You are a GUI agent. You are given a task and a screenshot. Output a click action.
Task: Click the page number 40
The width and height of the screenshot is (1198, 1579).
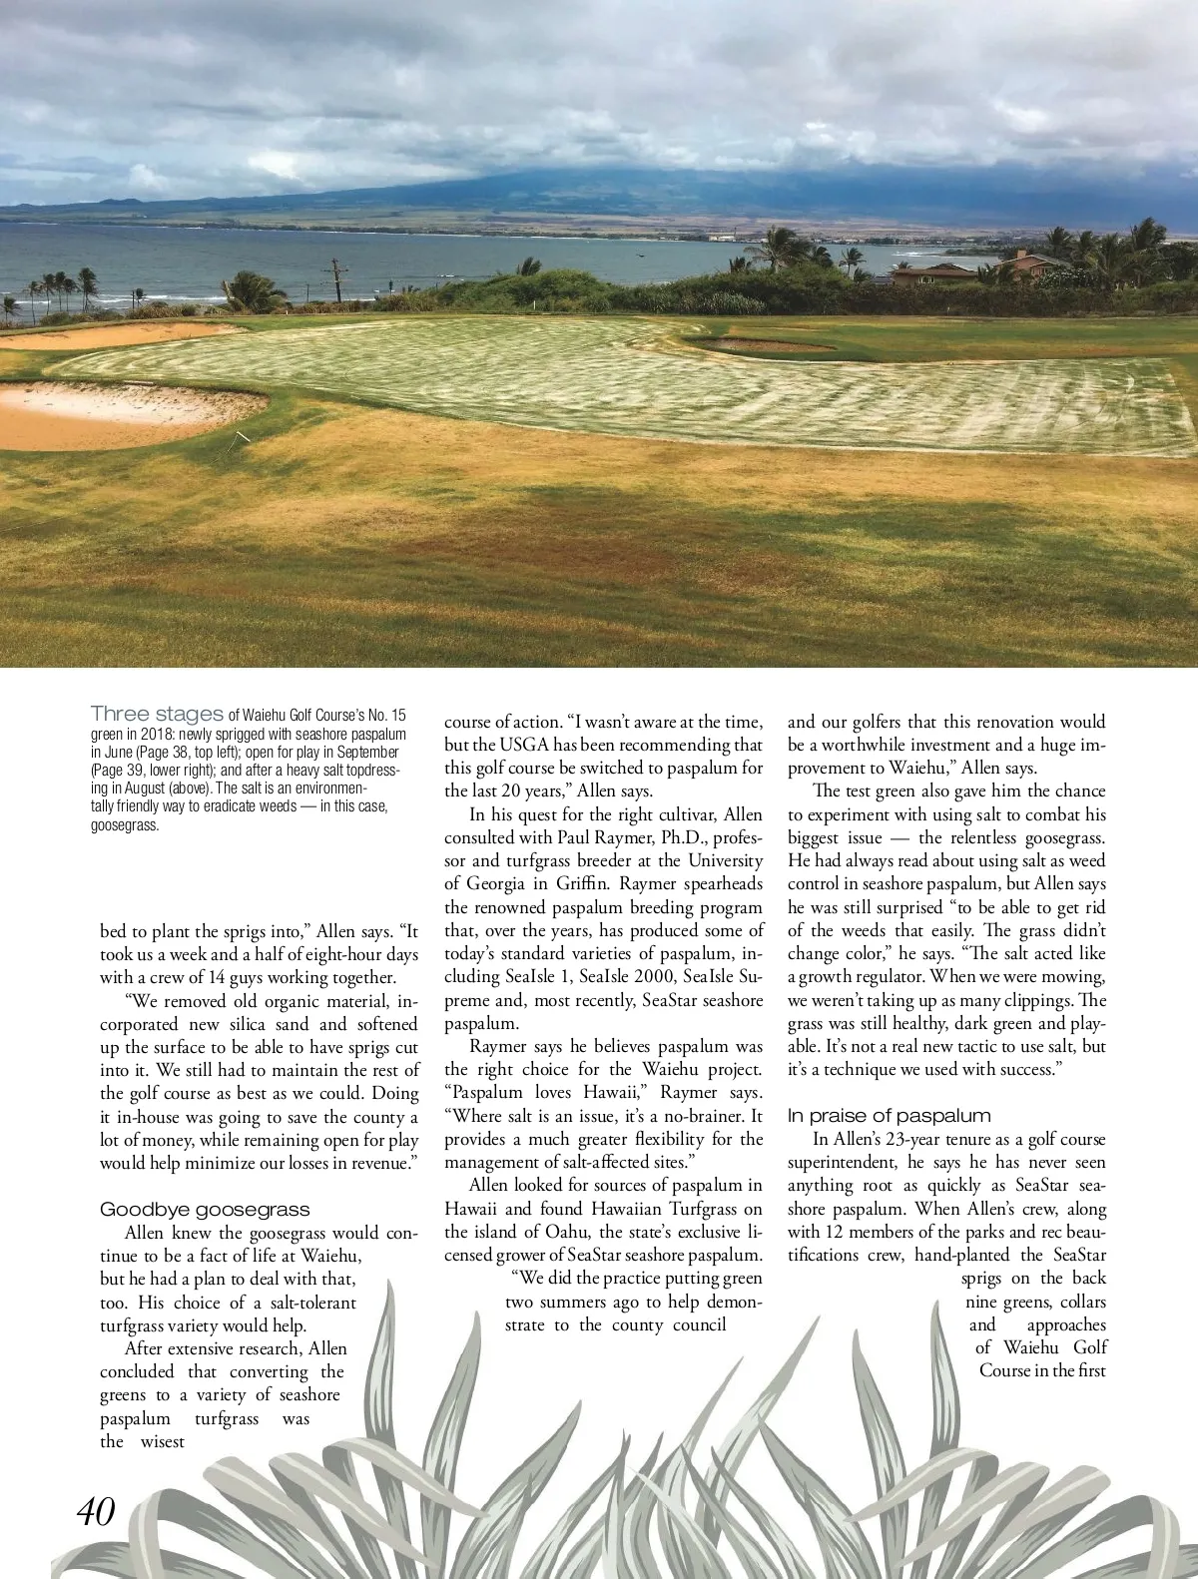(x=97, y=1510)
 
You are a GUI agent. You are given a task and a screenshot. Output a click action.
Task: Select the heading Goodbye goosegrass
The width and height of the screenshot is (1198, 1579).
(x=205, y=1210)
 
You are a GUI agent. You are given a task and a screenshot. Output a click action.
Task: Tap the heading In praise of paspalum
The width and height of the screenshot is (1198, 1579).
(x=889, y=1115)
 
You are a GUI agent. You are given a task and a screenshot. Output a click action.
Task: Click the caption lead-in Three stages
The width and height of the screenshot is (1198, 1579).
(x=157, y=713)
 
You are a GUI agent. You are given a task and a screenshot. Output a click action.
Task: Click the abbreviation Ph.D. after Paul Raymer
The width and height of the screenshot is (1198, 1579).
(x=677, y=836)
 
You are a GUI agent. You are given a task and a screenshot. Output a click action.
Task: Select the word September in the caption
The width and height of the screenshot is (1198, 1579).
(x=369, y=751)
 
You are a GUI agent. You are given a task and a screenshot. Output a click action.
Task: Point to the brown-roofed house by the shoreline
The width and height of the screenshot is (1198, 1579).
(x=928, y=269)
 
